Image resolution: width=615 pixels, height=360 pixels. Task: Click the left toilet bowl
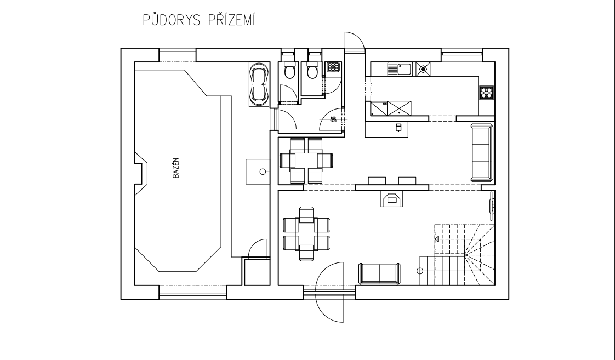(x=289, y=71)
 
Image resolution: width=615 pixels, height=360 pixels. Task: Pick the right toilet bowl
(x=312, y=71)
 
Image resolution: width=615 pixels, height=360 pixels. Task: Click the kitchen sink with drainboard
(x=400, y=69)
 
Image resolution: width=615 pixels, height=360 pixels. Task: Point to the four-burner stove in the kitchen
(x=486, y=93)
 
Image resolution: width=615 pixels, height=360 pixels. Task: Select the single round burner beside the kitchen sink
(x=423, y=69)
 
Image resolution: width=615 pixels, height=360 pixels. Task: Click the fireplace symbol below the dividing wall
(x=391, y=199)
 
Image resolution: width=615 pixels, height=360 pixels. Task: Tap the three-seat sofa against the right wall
(x=482, y=152)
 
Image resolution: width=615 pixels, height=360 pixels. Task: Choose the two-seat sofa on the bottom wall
(x=379, y=273)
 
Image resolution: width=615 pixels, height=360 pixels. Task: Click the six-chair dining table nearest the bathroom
(x=307, y=160)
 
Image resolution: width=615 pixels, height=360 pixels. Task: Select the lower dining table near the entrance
(x=306, y=233)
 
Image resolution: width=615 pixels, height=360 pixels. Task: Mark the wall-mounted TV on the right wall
(x=492, y=205)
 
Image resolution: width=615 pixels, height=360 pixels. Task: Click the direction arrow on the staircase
(x=437, y=239)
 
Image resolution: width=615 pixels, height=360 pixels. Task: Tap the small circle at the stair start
(x=420, y=271)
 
